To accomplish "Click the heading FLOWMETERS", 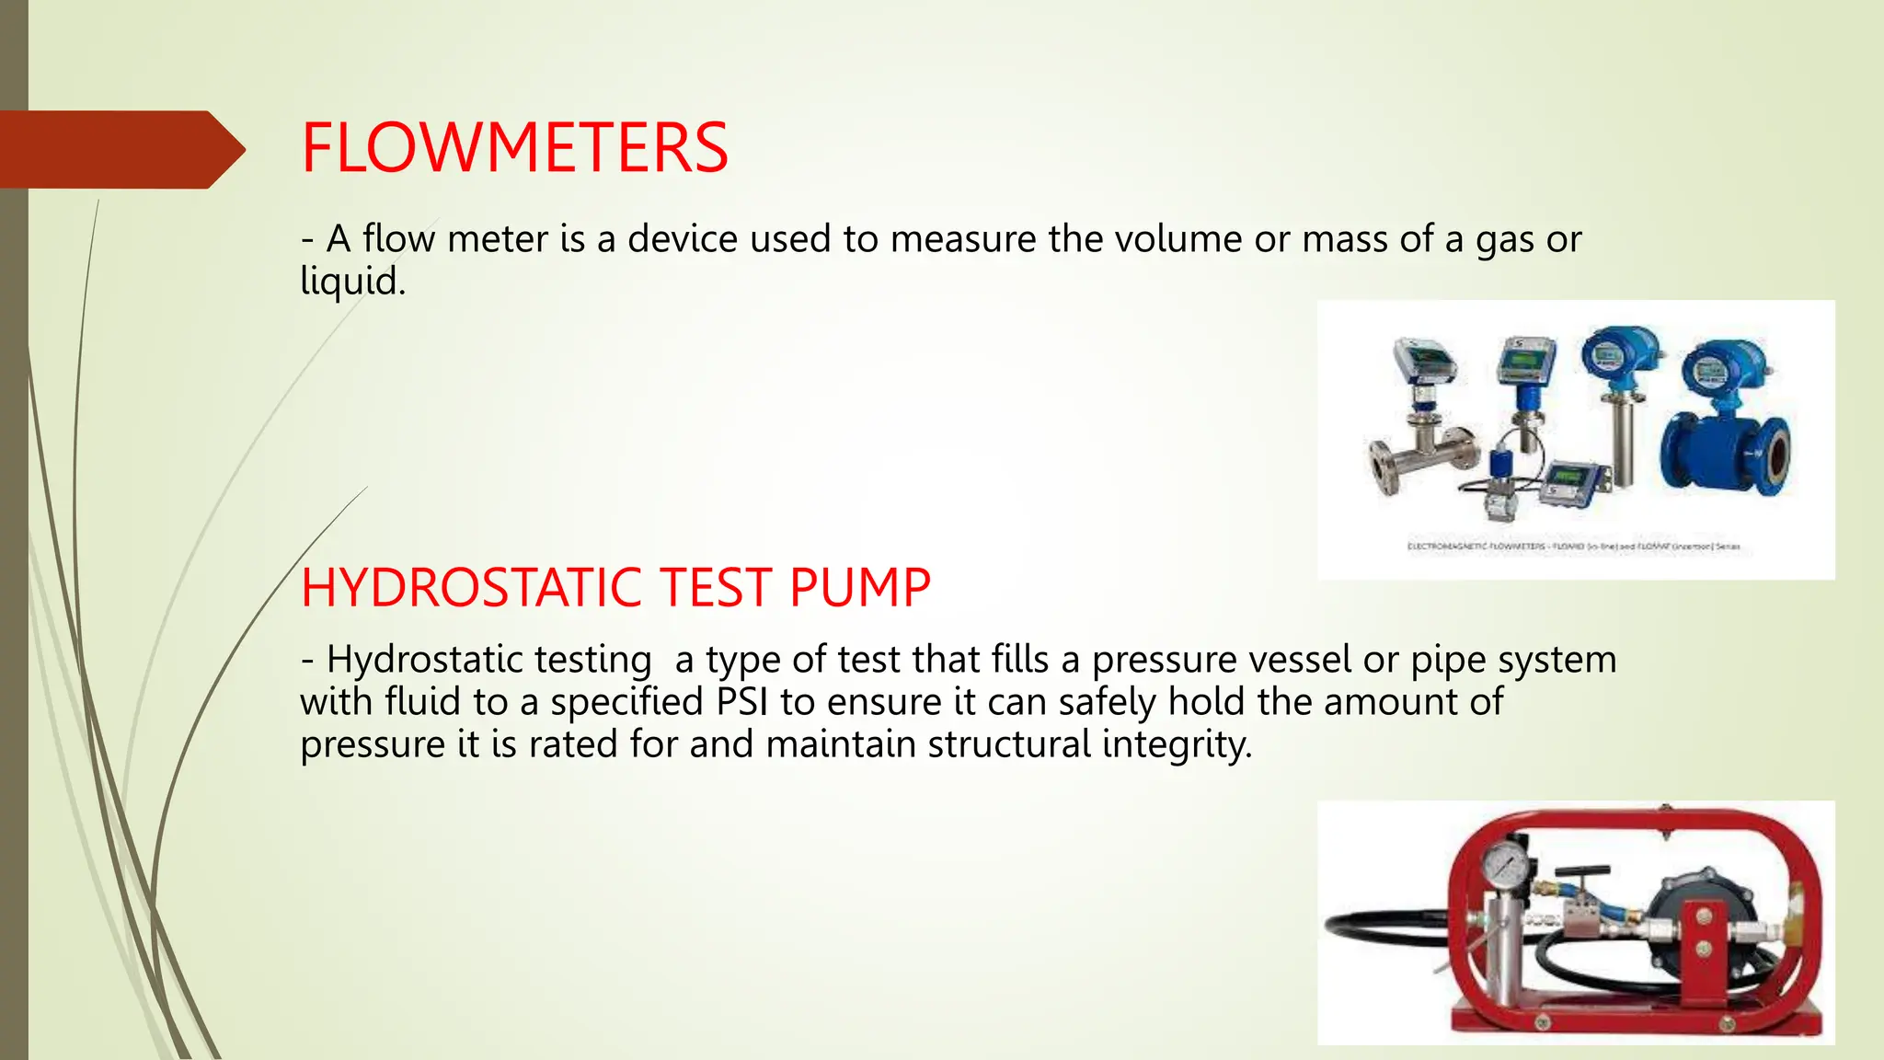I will tap(514, 148).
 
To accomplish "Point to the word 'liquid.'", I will tap(353, 282).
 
